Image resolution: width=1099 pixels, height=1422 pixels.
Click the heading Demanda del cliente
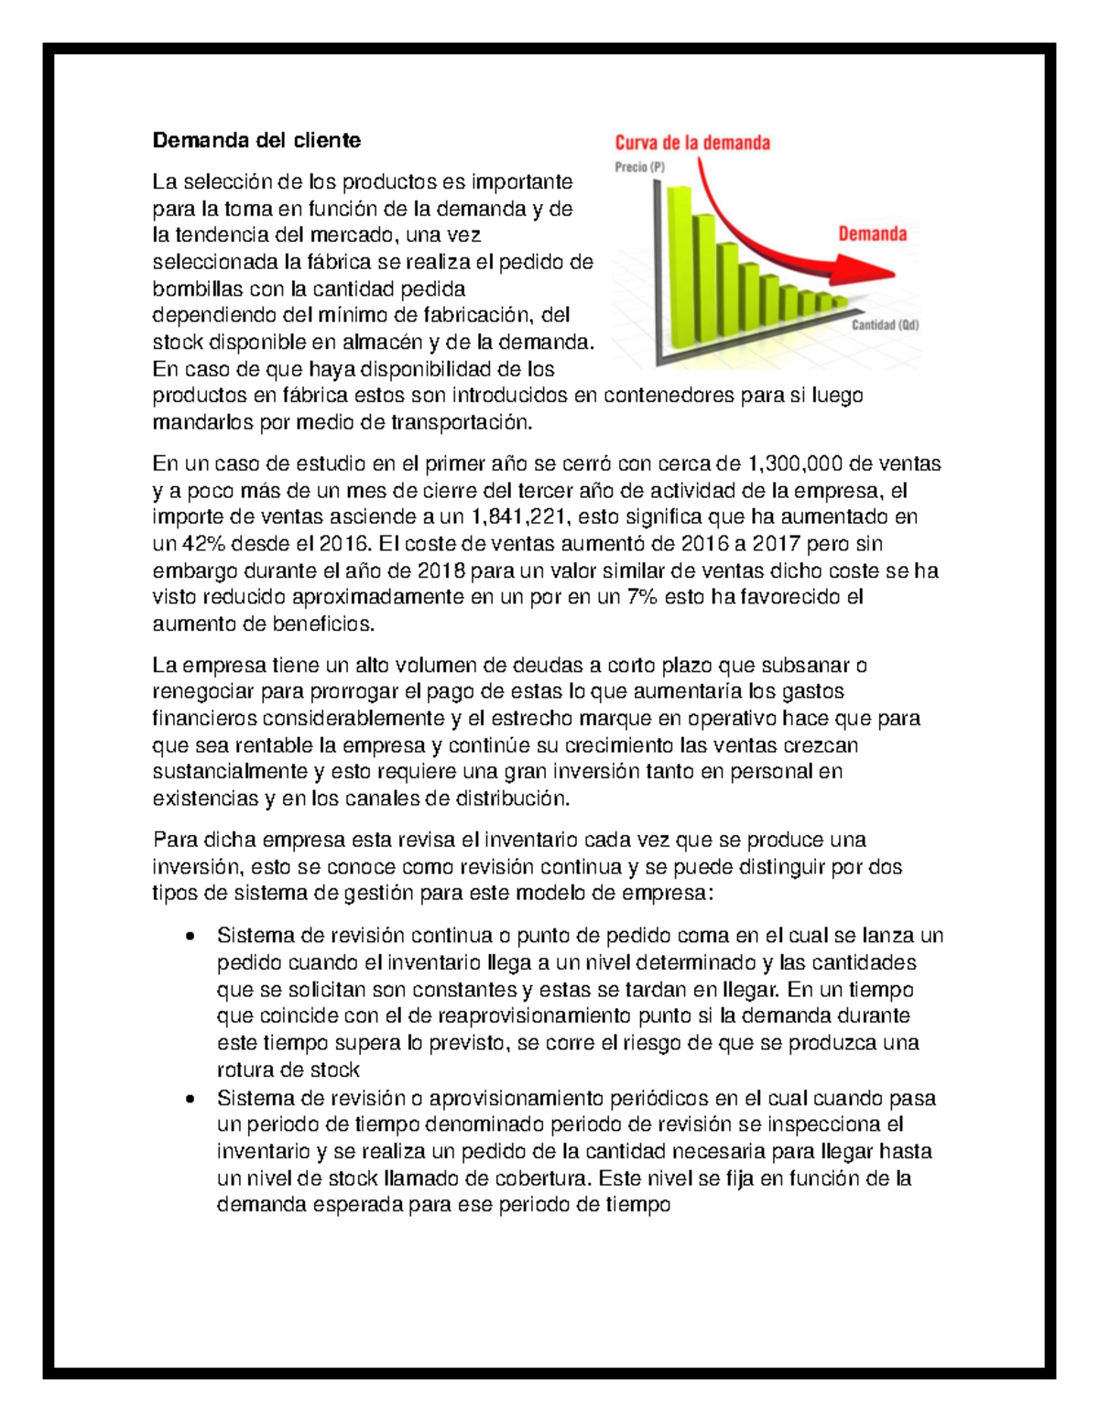256,140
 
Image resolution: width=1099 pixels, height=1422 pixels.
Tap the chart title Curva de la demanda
691,143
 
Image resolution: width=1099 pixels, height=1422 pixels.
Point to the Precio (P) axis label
639,168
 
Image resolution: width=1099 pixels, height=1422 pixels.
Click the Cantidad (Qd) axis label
885,325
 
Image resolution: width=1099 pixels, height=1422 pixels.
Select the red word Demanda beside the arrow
872,234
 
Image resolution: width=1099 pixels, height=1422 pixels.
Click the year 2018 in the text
441,571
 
